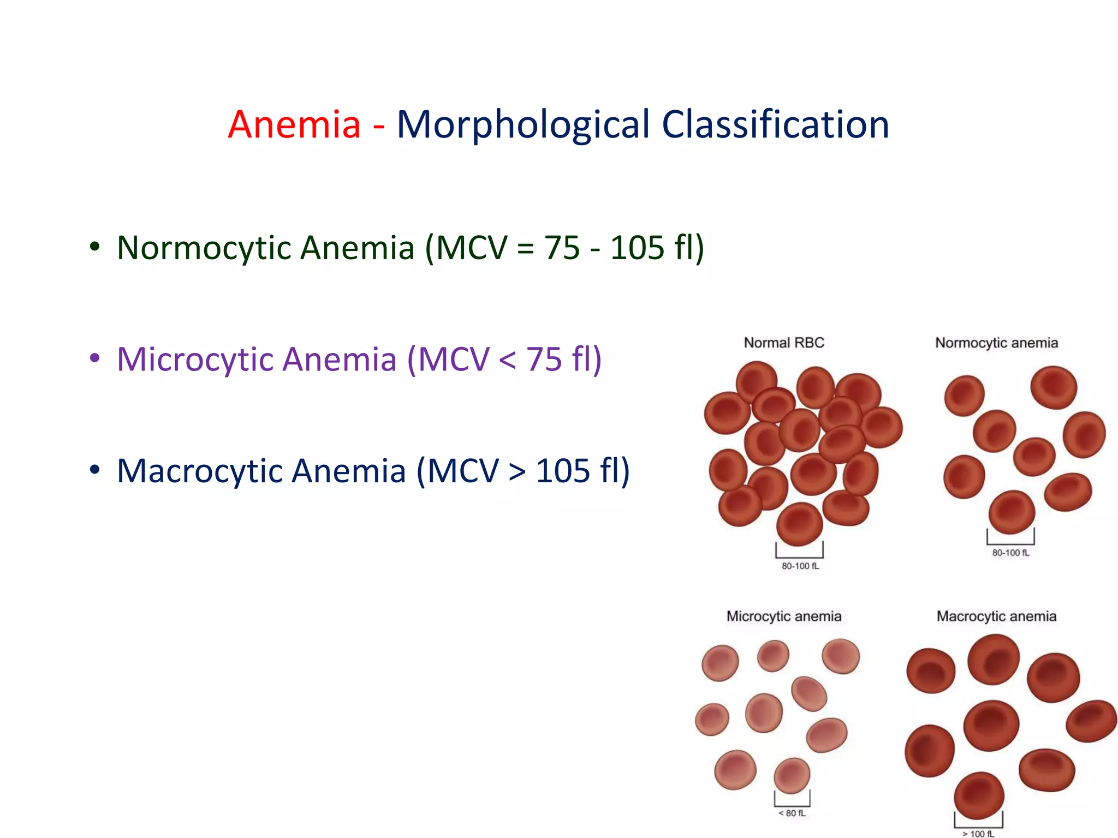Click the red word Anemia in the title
coord(294,125)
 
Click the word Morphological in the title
coord(523,125)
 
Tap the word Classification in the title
coord(775,125)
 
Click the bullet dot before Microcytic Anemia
coord(95,359)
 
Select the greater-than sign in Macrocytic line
coord(516,472)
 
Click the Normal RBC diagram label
coord(783,343)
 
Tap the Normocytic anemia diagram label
coord(996,343)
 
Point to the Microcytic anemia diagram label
coord(783,616)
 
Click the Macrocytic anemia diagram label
coord(996,616)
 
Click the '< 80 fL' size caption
coord(792,813)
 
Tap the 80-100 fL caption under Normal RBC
coord(800,566)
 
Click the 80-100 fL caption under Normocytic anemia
coord(1010,553)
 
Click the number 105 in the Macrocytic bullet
coord(563,471)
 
